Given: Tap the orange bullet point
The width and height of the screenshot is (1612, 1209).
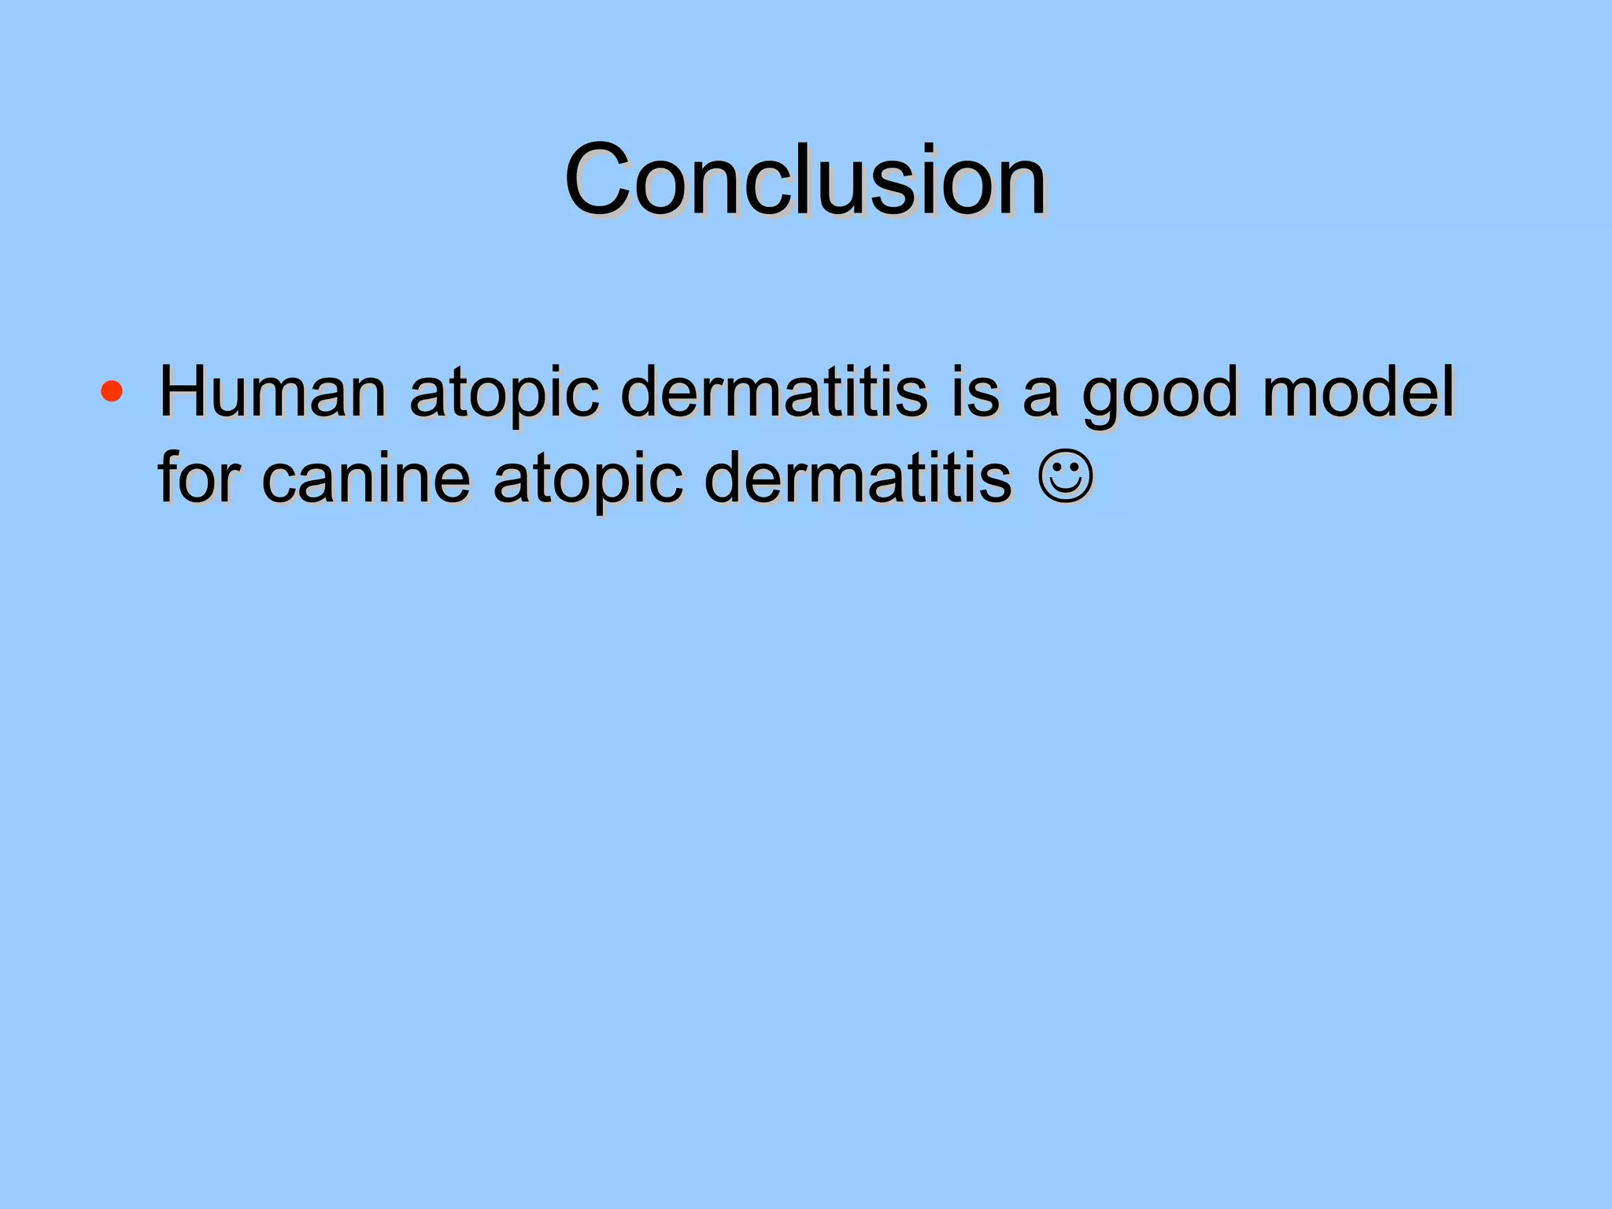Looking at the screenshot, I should click(112, 391).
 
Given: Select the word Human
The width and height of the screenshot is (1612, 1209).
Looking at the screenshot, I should click(272, 391).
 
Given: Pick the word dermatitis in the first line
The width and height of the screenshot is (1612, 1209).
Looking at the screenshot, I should click(773, 391).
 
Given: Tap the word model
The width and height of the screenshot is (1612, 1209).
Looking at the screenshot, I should click(1358, 391).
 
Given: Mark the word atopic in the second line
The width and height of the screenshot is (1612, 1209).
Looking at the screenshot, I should click(587, 480).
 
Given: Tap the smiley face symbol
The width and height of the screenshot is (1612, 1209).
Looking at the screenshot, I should click(1066, 475).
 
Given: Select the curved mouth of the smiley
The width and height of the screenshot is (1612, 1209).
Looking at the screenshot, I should click(1066, 487).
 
